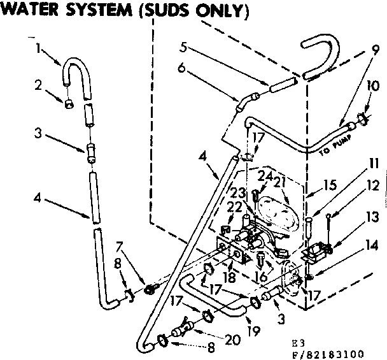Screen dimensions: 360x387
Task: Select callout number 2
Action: coord(38,84)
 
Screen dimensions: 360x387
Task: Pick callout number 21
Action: coord(278,184)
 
